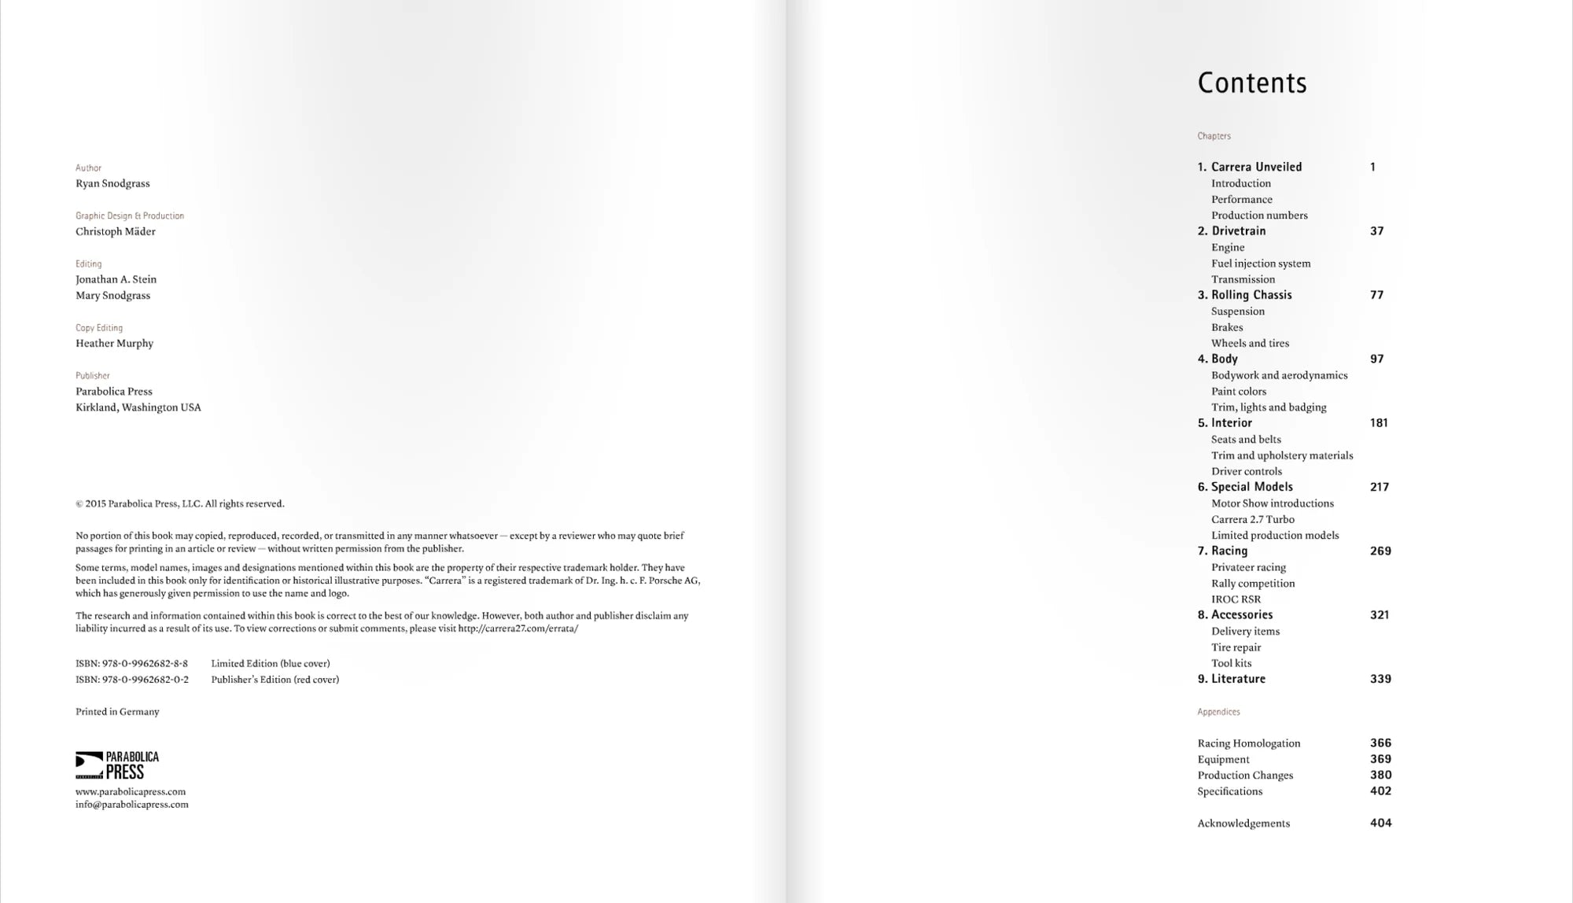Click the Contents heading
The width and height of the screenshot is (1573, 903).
pyautogui.click(x=1251, y=83)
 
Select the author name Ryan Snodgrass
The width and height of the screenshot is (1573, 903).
pyautogui.click(x=112, y=183)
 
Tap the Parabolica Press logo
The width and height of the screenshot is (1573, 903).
pyautogui.click(x=117, y=765)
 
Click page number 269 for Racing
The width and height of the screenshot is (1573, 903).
pyautogui.click(x=1380, y=551)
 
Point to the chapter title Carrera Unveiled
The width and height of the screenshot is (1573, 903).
pyautogui.click(x=1256, y=167)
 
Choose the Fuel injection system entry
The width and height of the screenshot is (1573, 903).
pyautogui.click(x=1261, y=264)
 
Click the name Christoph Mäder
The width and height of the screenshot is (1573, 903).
pyautogui.click(x=116, y=231)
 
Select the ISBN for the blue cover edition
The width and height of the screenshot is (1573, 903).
pyautogui.click(x=131, y=663)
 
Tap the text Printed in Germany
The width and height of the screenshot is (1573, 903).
pyautogui.click(x=117, y=712)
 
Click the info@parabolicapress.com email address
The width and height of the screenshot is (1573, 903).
pyautogui.click(x=132, y=805)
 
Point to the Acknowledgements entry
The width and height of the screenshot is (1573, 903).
pyautogui.click(x=1243, y=824)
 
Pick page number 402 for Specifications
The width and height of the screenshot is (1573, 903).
pyautogui.click(x=1380, y=791)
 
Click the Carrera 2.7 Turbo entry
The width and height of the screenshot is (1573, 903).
pyautogui.click(x=1252, y=519)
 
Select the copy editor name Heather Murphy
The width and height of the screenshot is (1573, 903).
pyautogui.click(x=114, y=343)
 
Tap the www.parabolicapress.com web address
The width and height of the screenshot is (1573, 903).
pyautogui.click(x=131, y=791)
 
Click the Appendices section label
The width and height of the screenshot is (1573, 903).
pyautogui.click(x=1218, y=712)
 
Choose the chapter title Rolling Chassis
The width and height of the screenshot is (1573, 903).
pyautogui.click(x=1251, y=295)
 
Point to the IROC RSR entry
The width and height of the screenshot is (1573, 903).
pyautogui.click(x=1236, y=599)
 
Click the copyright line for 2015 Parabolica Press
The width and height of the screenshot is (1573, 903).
pyautogui.click(x=180, y=503)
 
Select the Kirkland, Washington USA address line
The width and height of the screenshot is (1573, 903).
pyautogui.click(x=138, y=407)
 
